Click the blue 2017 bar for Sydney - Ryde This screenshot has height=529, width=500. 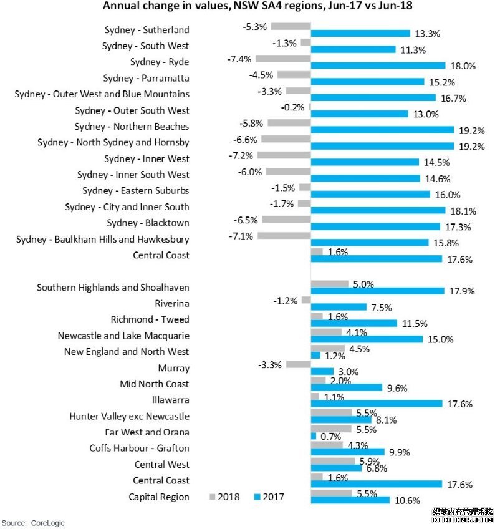point(378,66)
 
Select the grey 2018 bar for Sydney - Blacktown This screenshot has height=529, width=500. point(287,220)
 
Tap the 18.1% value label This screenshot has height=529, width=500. point(463,211)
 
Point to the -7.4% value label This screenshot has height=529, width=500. point(239,59)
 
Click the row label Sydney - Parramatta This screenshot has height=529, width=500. point(146,78)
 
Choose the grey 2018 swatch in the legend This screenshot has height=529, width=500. point(212,497)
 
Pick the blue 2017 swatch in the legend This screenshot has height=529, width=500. point(257,497)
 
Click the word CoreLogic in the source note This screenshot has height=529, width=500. point(47,523)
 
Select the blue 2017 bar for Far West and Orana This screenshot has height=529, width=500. point(314,436)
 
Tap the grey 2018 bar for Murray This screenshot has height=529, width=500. point(299,364)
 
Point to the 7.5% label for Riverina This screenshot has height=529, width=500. point(382,308)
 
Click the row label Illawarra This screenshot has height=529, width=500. point(171,400)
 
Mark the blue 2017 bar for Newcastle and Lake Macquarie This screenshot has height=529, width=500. point(367,339)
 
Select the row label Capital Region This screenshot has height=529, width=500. point(159,497)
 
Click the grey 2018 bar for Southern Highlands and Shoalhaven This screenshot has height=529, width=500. point(329,284)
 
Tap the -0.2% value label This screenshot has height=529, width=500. point(292,107)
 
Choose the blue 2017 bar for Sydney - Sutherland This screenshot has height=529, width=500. point(360,33)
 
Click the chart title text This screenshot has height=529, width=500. point(257,6)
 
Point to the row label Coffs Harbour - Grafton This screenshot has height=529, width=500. point(139,449)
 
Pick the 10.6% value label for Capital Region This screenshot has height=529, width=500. point(407,500)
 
